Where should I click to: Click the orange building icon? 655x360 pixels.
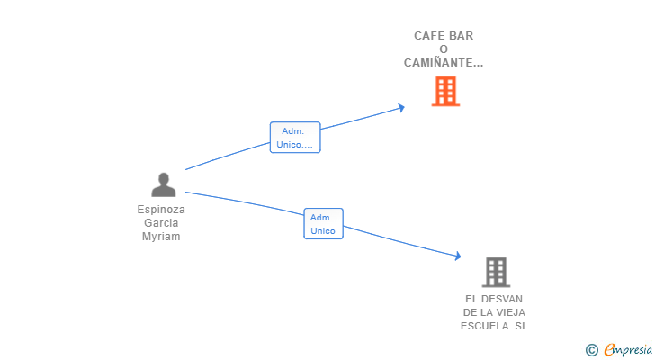click(445, 91)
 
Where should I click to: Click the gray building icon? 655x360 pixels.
click(497, 272)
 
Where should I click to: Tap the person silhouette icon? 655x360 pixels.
click(164, 184)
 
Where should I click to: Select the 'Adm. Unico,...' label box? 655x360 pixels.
click(295, 138)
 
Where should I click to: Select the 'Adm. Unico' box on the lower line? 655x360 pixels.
click(323, 224)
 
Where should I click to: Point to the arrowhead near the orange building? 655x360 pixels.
click(401, 108)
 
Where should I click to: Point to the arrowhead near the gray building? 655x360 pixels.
click(458, 256)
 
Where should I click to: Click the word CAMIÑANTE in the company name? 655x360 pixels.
click(438, 63)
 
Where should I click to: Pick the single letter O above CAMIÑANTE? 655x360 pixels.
click(444, 49)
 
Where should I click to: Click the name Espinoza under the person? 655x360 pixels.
click(161, 210)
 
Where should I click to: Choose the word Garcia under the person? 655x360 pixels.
click(161, 223)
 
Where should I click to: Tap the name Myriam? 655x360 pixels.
click(161, 237)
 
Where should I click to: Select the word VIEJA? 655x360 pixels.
click(512, 312)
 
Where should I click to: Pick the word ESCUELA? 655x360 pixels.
click(485, 326)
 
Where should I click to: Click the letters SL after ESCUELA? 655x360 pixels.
click(521, 326)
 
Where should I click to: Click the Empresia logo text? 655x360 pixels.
click(628, 350)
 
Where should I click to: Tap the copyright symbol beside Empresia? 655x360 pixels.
click(592, 350)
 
